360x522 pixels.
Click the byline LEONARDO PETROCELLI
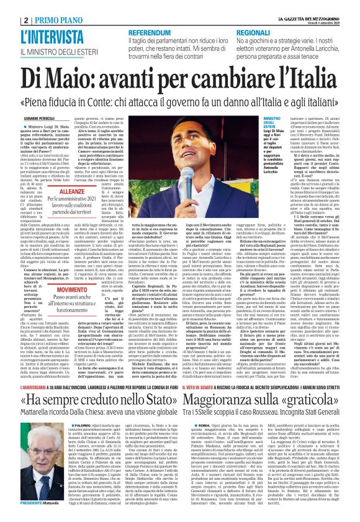tap(32, 101)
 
